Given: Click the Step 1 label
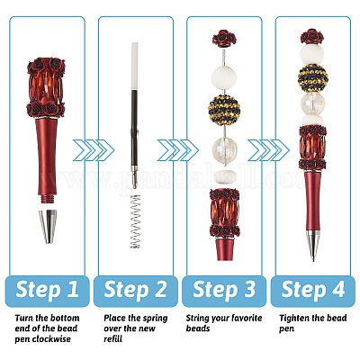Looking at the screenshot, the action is pos(47,290).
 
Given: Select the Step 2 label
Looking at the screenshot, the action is pos(135,290).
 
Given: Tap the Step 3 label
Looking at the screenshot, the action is pos(224,290).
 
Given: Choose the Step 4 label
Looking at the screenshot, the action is pos(313,290).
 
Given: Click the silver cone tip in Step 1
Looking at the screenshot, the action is pos(48,227).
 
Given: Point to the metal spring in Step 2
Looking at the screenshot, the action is pos(135,221).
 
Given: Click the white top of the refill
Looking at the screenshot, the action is pos(135,66).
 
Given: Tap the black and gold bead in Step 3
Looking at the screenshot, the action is pos(224,110).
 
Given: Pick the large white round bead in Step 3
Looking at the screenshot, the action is pos(224,76).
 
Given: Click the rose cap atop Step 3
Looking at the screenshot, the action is pos(224,38).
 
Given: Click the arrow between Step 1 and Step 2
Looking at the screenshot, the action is pos(94,150).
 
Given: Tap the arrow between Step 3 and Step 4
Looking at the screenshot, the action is pos(268,150).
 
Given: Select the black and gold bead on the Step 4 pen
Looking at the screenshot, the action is pos(312,78).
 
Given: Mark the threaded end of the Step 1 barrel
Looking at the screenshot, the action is pos(48,200).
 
